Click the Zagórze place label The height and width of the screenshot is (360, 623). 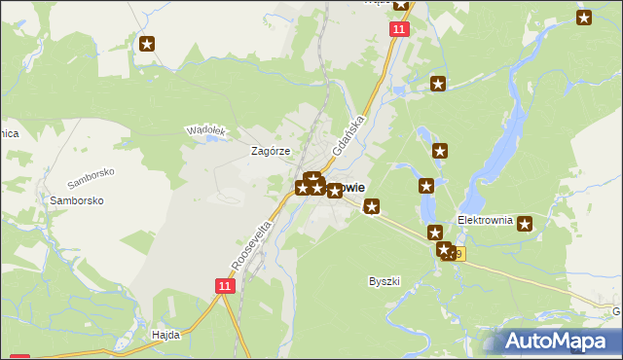pyautogui.click(x=272, y=152)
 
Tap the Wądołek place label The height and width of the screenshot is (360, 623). pyautogui.click(x=205, y=130)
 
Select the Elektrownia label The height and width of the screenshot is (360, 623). pyautogui.click(x=485, y=220)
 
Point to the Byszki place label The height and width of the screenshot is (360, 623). pyautogui.click(x=385, y=281)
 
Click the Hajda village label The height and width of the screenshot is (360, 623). pyautogui.click(x=165, y=334)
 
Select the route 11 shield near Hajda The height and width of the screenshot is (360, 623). pyautogui.click(x=225, y=285)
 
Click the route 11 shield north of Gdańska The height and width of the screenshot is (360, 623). pyautogui.click(x=399, y=30)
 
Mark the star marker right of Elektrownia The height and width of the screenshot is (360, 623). pyautogui.click(x=526, y=224)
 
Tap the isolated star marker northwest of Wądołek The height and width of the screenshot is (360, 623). pyautogui.click(x=147, y=44)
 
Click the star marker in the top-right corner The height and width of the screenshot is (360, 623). pyautogui.click(x=584, y=17)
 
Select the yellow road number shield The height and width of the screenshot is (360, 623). pyautogui.click(x=456, y=255)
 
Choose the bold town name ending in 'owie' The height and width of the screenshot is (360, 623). pyautogui.click(x=350, y=188)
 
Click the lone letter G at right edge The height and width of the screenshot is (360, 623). pyautogui.click(x=616, y=311)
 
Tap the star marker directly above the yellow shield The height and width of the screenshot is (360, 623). pyautogui.click(x=435, y=233)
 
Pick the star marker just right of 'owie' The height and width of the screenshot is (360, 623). pyautogui.click(x=371, y=205)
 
